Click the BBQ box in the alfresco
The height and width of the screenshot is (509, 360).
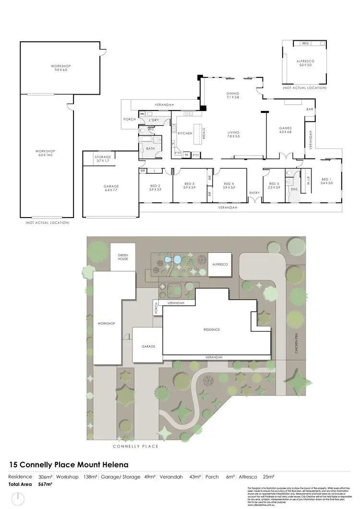[305, 44]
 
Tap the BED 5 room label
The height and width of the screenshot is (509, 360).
[274, 184]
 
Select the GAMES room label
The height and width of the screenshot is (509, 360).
[286, 128]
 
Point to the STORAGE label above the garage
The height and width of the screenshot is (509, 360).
[102, 157]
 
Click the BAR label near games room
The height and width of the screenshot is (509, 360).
[310, 109]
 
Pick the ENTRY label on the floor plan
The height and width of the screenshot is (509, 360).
[254, 193]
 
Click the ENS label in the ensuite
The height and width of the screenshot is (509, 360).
[294, 189]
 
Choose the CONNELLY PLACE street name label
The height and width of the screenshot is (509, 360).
[135, 446]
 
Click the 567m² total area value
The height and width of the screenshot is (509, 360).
[45, 485]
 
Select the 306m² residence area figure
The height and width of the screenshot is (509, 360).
[45, 477]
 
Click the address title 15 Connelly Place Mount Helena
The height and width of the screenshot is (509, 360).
[69, 465]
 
